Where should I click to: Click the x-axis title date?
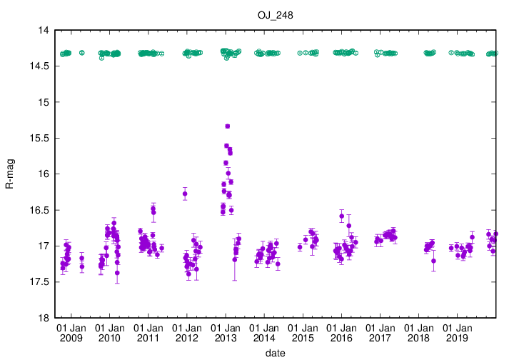coord(275,353)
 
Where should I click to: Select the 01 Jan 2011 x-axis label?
coord(148,332)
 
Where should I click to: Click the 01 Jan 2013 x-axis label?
coord(226,332)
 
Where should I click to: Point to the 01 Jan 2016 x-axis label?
coord(341,332)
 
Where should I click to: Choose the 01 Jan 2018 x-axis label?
coord(418,332)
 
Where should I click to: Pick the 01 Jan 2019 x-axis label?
coord(457,332)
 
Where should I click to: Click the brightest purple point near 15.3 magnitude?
coord(227,126)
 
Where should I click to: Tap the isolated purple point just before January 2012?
coord(185,194)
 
